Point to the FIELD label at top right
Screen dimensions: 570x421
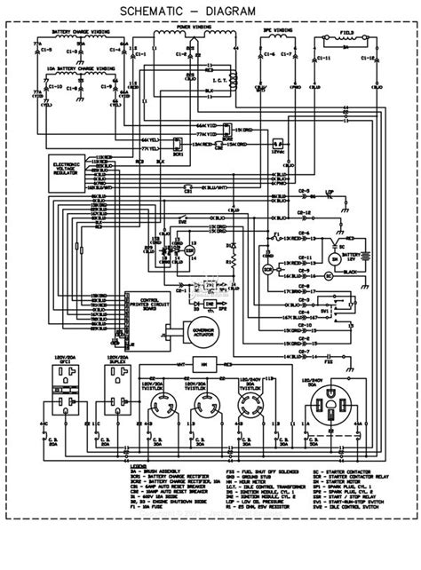[351, 30]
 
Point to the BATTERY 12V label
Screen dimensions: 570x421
[354, 257]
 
